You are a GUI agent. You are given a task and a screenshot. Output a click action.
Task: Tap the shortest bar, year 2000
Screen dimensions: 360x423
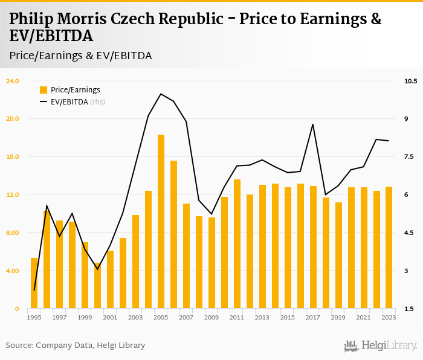coord(98,286)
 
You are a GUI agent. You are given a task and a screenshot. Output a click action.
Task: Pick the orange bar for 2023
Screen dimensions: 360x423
coord(389,248)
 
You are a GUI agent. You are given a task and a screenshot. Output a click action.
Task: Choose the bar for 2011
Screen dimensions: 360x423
coord(237,244)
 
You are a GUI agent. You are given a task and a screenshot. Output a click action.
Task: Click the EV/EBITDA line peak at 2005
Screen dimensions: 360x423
coord(161,94)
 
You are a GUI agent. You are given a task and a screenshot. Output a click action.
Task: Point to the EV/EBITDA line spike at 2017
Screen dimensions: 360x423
coord(313,124)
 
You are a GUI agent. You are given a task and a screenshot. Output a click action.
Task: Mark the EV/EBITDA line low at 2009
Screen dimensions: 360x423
coord(211,214)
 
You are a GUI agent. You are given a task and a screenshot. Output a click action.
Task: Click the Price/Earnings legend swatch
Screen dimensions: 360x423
coord(44,90)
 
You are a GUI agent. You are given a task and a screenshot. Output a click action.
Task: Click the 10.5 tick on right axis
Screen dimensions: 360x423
coord(411,80)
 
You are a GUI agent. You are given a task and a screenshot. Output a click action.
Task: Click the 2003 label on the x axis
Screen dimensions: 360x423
coord(135,317)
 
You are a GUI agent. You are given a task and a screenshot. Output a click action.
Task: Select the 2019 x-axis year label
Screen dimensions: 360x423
coord(338,317)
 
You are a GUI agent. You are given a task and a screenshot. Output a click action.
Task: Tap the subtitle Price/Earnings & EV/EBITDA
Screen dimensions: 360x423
coord(80,56)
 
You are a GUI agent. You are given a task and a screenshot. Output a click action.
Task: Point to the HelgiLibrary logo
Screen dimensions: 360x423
coord(380,346)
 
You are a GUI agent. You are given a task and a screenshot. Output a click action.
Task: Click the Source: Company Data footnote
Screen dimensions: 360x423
coord(76,346)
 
